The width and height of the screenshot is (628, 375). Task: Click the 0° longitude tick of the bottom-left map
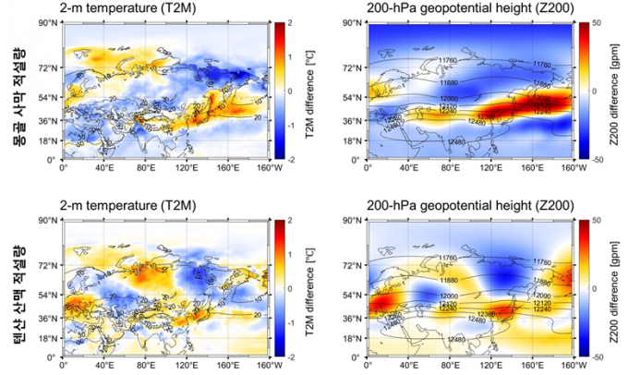62,365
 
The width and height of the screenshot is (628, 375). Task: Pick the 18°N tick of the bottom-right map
352,339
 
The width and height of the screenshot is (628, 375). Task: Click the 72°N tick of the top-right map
352,68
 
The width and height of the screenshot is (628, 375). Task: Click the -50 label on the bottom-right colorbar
598,357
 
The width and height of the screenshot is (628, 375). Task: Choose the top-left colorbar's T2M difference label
310,91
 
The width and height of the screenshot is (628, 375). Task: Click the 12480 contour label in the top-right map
454,141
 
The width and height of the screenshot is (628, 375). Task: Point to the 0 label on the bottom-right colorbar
594,288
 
